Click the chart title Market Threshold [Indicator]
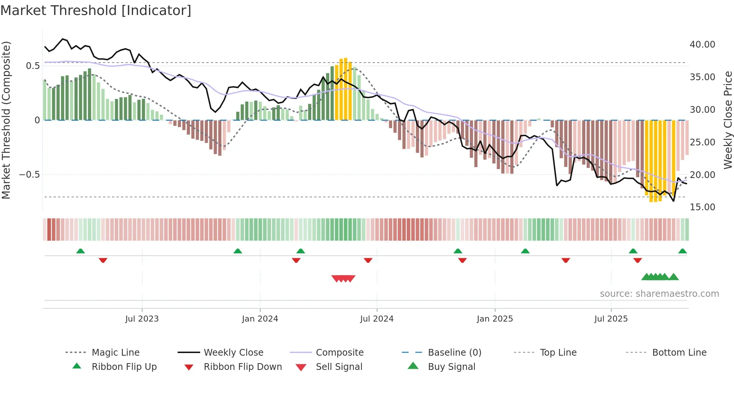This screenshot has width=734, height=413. pyautogui.click(x=96, y=10)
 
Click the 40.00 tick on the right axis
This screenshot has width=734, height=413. pyautogui.click(x=702, y=45)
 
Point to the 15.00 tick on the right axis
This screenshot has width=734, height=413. pyautogui.click(x=702, y=207)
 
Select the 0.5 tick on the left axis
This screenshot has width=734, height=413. pyautogui.click(x=33, y=66)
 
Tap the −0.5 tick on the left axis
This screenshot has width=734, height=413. pyautogui.click(x=29, y=175)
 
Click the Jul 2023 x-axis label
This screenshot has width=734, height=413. pyautogui.click(x=142, y=319)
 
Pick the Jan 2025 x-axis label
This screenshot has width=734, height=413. pyautogui.click(x=495, y=319)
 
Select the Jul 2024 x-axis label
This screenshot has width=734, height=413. pyautogui.click(x=377, y=319)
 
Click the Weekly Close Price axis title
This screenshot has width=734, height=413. pyautogui.click(x=728, y=120)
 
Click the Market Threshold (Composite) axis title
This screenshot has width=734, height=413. pyautogui.click(x=6, y=120)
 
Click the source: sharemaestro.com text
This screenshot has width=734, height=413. pyautogui.click(x=659, y=294)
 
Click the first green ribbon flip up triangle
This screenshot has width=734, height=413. pyautogui.click(x=81, y=251)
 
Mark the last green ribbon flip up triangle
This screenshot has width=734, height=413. pyautogui.click(x=682, y=251)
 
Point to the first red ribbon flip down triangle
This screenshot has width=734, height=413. pyautogui.click(x=103, y=260)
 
